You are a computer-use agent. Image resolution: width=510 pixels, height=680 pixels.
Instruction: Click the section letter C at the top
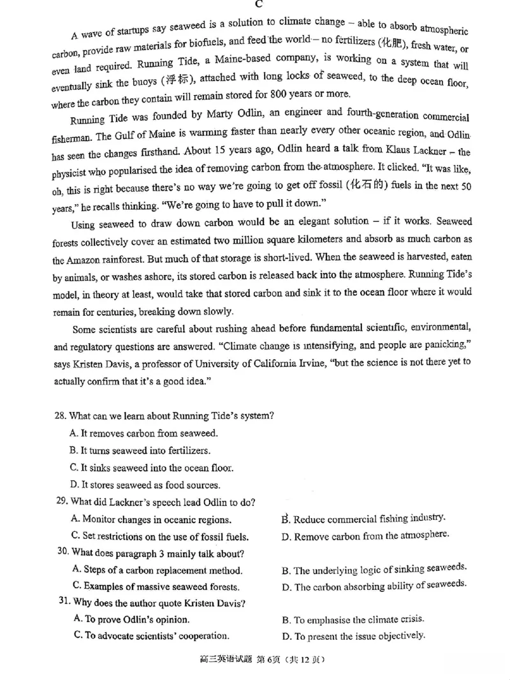pos(259,4)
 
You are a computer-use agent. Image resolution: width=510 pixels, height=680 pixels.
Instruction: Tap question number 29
pos(62,501)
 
